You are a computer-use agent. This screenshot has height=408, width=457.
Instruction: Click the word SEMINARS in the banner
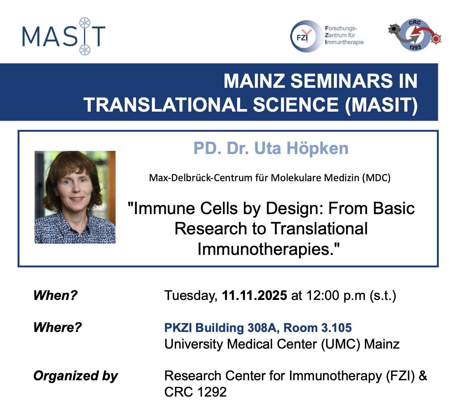(x=342, y=81)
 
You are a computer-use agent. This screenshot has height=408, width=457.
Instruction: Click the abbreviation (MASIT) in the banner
(x=381, y=105)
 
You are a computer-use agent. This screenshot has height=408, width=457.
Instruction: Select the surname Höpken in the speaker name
(x=317, y=149)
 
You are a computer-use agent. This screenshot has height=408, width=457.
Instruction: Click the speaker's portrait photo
(x=75, y=197)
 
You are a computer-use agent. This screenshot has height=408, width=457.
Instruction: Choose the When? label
(x=55, y=295)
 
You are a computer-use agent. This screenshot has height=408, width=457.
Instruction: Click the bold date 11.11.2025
(x=254, y=295)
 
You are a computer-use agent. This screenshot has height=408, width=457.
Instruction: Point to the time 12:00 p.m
(x=336, y=295)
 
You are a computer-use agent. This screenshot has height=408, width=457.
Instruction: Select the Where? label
(x=57, y=327)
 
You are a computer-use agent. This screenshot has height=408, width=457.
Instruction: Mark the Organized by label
(x=75, y=376)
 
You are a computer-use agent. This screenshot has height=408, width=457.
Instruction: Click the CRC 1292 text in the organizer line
(x=195, y=392)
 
